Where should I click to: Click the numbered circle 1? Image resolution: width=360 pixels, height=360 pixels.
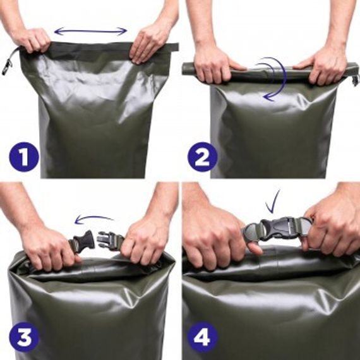[24, 157]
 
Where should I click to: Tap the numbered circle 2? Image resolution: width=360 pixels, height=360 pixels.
[202, 157]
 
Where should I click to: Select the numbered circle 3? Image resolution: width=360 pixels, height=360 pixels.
[24, 337]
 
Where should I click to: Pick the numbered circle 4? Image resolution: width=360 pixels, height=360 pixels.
[202, 337]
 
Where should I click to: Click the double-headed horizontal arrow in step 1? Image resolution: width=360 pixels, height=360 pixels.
[90, 31]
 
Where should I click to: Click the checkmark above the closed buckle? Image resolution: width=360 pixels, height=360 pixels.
[272, 202]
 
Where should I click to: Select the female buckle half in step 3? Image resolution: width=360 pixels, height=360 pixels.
[84, 241]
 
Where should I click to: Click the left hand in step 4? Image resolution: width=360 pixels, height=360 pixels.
[218, 236]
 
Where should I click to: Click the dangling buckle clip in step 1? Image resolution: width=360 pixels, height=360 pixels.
[8, 66]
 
